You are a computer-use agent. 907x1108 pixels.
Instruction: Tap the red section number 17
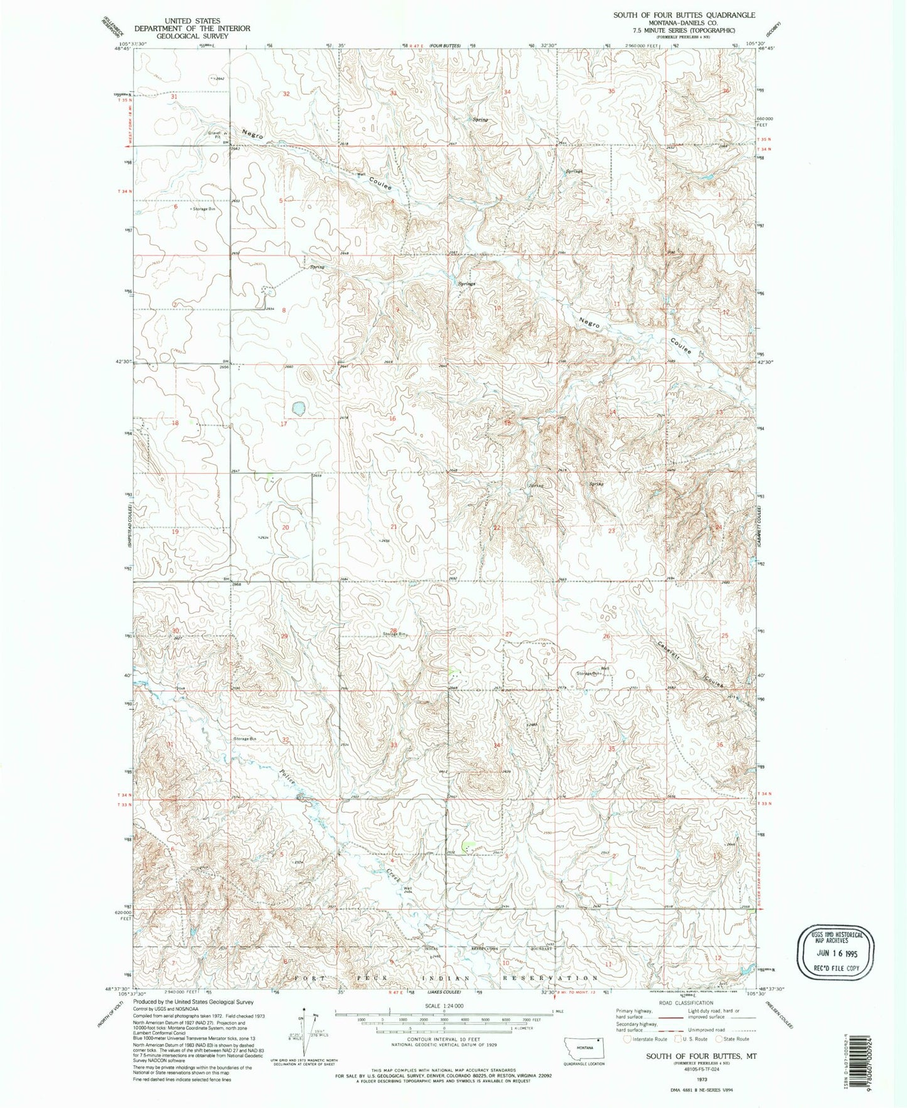(284, 423)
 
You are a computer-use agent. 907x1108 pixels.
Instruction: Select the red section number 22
(497, 528)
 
